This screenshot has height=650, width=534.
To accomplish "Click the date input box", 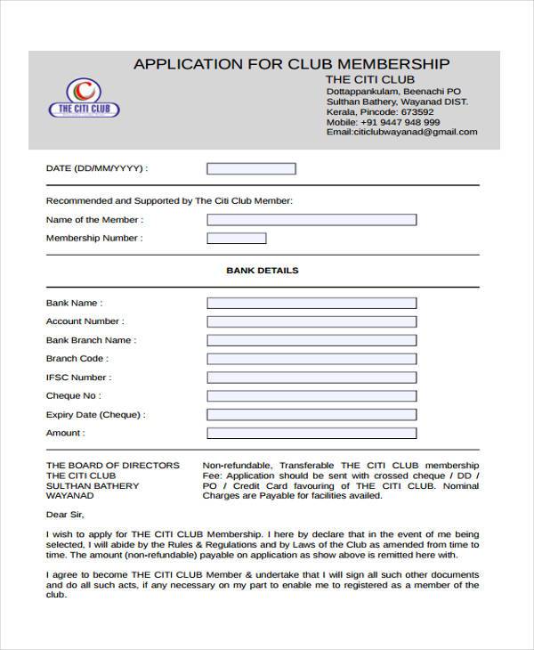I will pos(251,168).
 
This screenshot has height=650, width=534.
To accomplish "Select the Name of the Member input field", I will pos(311,220).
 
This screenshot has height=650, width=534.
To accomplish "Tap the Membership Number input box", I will pos(236,239).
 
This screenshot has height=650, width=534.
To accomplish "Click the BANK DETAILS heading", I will pos(263,270).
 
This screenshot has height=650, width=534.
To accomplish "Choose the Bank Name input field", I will pos(311,303).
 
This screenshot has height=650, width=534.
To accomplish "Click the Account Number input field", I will pos(311,321).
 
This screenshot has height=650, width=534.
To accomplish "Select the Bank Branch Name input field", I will pos(311,340).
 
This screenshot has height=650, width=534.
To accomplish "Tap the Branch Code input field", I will pos(311,359).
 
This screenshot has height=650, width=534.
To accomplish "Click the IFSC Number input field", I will pos(311,378).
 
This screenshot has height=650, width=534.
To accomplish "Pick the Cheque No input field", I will pos(311,396).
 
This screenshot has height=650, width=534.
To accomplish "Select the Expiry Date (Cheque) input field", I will pos(311,415).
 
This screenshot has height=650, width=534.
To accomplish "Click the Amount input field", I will pos(311,434).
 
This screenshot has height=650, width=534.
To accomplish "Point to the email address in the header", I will pos(401,132).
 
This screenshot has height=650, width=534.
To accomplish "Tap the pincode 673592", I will pos(417,112).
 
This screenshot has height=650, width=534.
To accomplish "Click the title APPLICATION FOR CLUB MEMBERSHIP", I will pos(291,64).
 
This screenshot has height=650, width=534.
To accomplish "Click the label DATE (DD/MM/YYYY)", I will pos(96,168).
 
